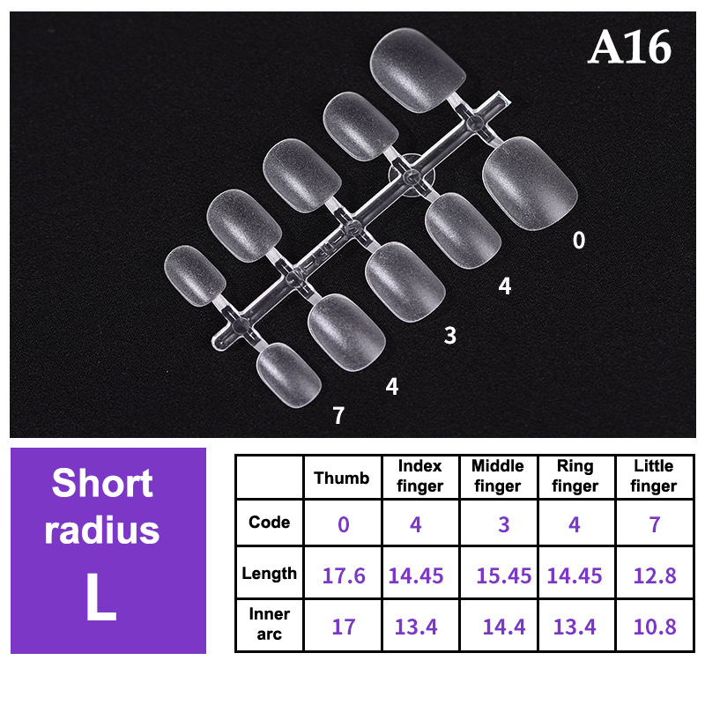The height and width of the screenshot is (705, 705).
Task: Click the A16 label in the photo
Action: pyautogui.click(x=629, y=48)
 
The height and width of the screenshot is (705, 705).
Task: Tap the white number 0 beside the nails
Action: pyautogui.click(x=579, y=240)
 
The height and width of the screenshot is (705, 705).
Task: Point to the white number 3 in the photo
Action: pyautogui.click(x=450, y=336)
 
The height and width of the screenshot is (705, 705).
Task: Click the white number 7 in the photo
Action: pyautogui.click(x=338, y=415)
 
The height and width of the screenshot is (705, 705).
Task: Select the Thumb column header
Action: pyautogui.click(x=342, y=478)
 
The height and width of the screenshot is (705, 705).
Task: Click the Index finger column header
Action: pyautogui.click(x=420, y=476)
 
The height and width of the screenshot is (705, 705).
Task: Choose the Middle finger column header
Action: pyautogui.click(x=498, y=476)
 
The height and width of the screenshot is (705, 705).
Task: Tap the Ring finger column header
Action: pyautogui.click(x=575, y=476)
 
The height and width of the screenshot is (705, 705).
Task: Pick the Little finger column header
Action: pyautogui.click(x=654, y=476)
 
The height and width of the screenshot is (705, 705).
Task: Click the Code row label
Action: pyautogui.click(x=270, y=522)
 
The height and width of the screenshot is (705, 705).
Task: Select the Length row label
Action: pyautogui.click(x=270, y=574)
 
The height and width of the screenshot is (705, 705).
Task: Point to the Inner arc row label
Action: pyautogui.click(x=270, y=624)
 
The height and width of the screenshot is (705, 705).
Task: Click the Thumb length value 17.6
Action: pyautogui.click(x=344, y=576)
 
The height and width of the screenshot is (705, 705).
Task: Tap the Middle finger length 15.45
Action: pyautogui.click(x=503, y=576)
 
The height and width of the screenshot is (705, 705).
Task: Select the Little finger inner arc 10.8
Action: pyautogui.click(x=655, y=627)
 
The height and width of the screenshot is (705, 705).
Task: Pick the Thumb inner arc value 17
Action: pyautogui.click(x=344, y=627)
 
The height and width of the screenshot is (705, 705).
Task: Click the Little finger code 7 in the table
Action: pyautogui.click(x=655, y=524)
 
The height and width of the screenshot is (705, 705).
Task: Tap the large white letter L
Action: pyautogui.click(x=101, y=597)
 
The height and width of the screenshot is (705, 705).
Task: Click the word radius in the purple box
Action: pyautogui.click(x=102, y=530)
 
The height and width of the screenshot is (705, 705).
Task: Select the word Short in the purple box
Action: pyautogui.click(x=102, y=483)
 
